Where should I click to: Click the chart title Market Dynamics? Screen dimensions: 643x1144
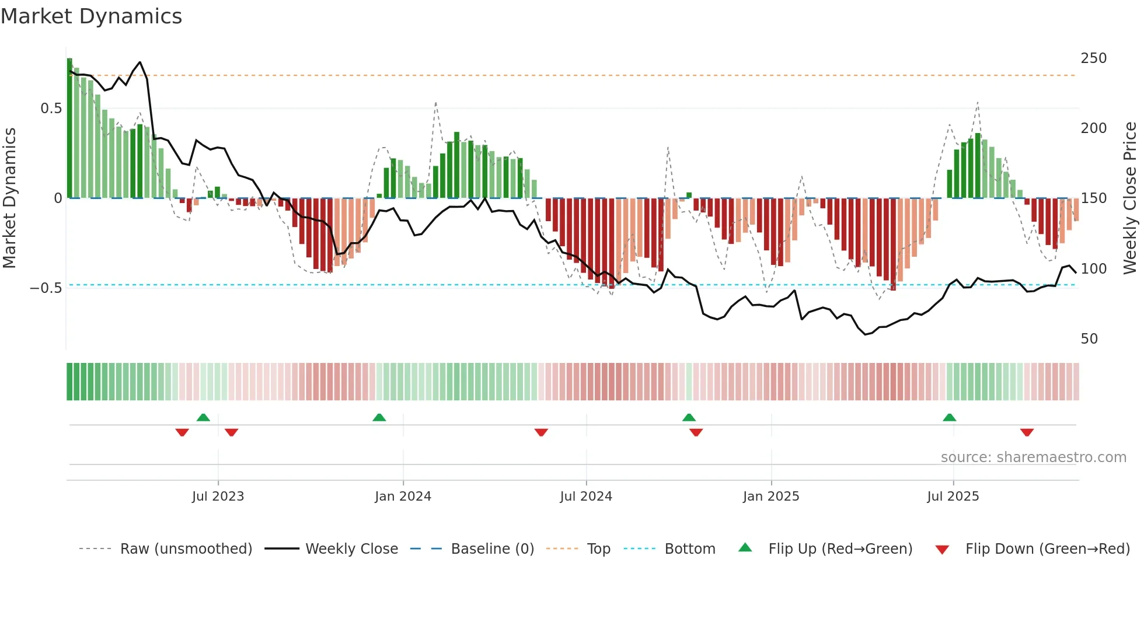(92, 16)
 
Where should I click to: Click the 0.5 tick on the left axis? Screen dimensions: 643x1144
(51, 109)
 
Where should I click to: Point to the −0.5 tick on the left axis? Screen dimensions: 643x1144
(46, 288)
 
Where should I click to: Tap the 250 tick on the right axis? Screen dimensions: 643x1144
(1093, 58)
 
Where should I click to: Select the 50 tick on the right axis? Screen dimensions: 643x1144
(1089, 339)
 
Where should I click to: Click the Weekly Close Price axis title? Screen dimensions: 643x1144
(1130, 198)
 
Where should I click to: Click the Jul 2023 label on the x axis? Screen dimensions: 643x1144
(218, 497)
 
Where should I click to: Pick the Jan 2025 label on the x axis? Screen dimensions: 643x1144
(770, 497)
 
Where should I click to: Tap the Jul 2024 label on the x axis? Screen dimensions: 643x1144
(585, 497)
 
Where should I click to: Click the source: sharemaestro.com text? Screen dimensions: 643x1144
(1033, 457)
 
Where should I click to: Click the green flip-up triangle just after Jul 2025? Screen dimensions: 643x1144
(949, 418)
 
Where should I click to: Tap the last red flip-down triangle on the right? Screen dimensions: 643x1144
(1027, 432)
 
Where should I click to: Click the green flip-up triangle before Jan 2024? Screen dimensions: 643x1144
(379, 418)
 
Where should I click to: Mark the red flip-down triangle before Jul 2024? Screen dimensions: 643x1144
(541, 432)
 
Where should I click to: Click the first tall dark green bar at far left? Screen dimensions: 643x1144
(69, 128)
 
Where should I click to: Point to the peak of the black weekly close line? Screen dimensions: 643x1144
(139, 62)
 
